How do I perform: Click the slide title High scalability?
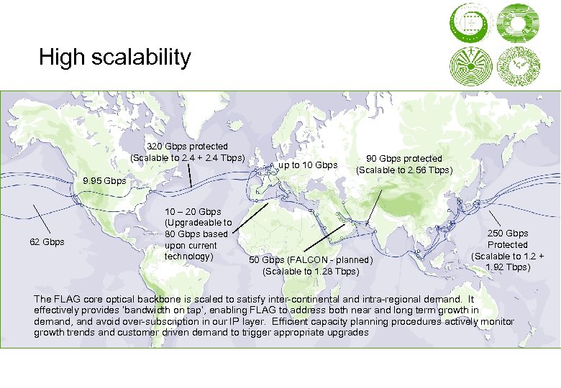[115, 57]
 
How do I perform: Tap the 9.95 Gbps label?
[98, 180]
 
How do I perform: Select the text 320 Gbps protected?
[187, 147]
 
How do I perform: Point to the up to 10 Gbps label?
[308, 165]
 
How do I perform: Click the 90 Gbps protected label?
[404, 159]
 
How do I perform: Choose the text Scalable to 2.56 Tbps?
[404, 170]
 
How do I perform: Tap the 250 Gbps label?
[508, 233]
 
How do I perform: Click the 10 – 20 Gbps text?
[193, 211]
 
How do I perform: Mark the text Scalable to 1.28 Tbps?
[311, 271]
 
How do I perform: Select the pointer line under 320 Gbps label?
[189, 175]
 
